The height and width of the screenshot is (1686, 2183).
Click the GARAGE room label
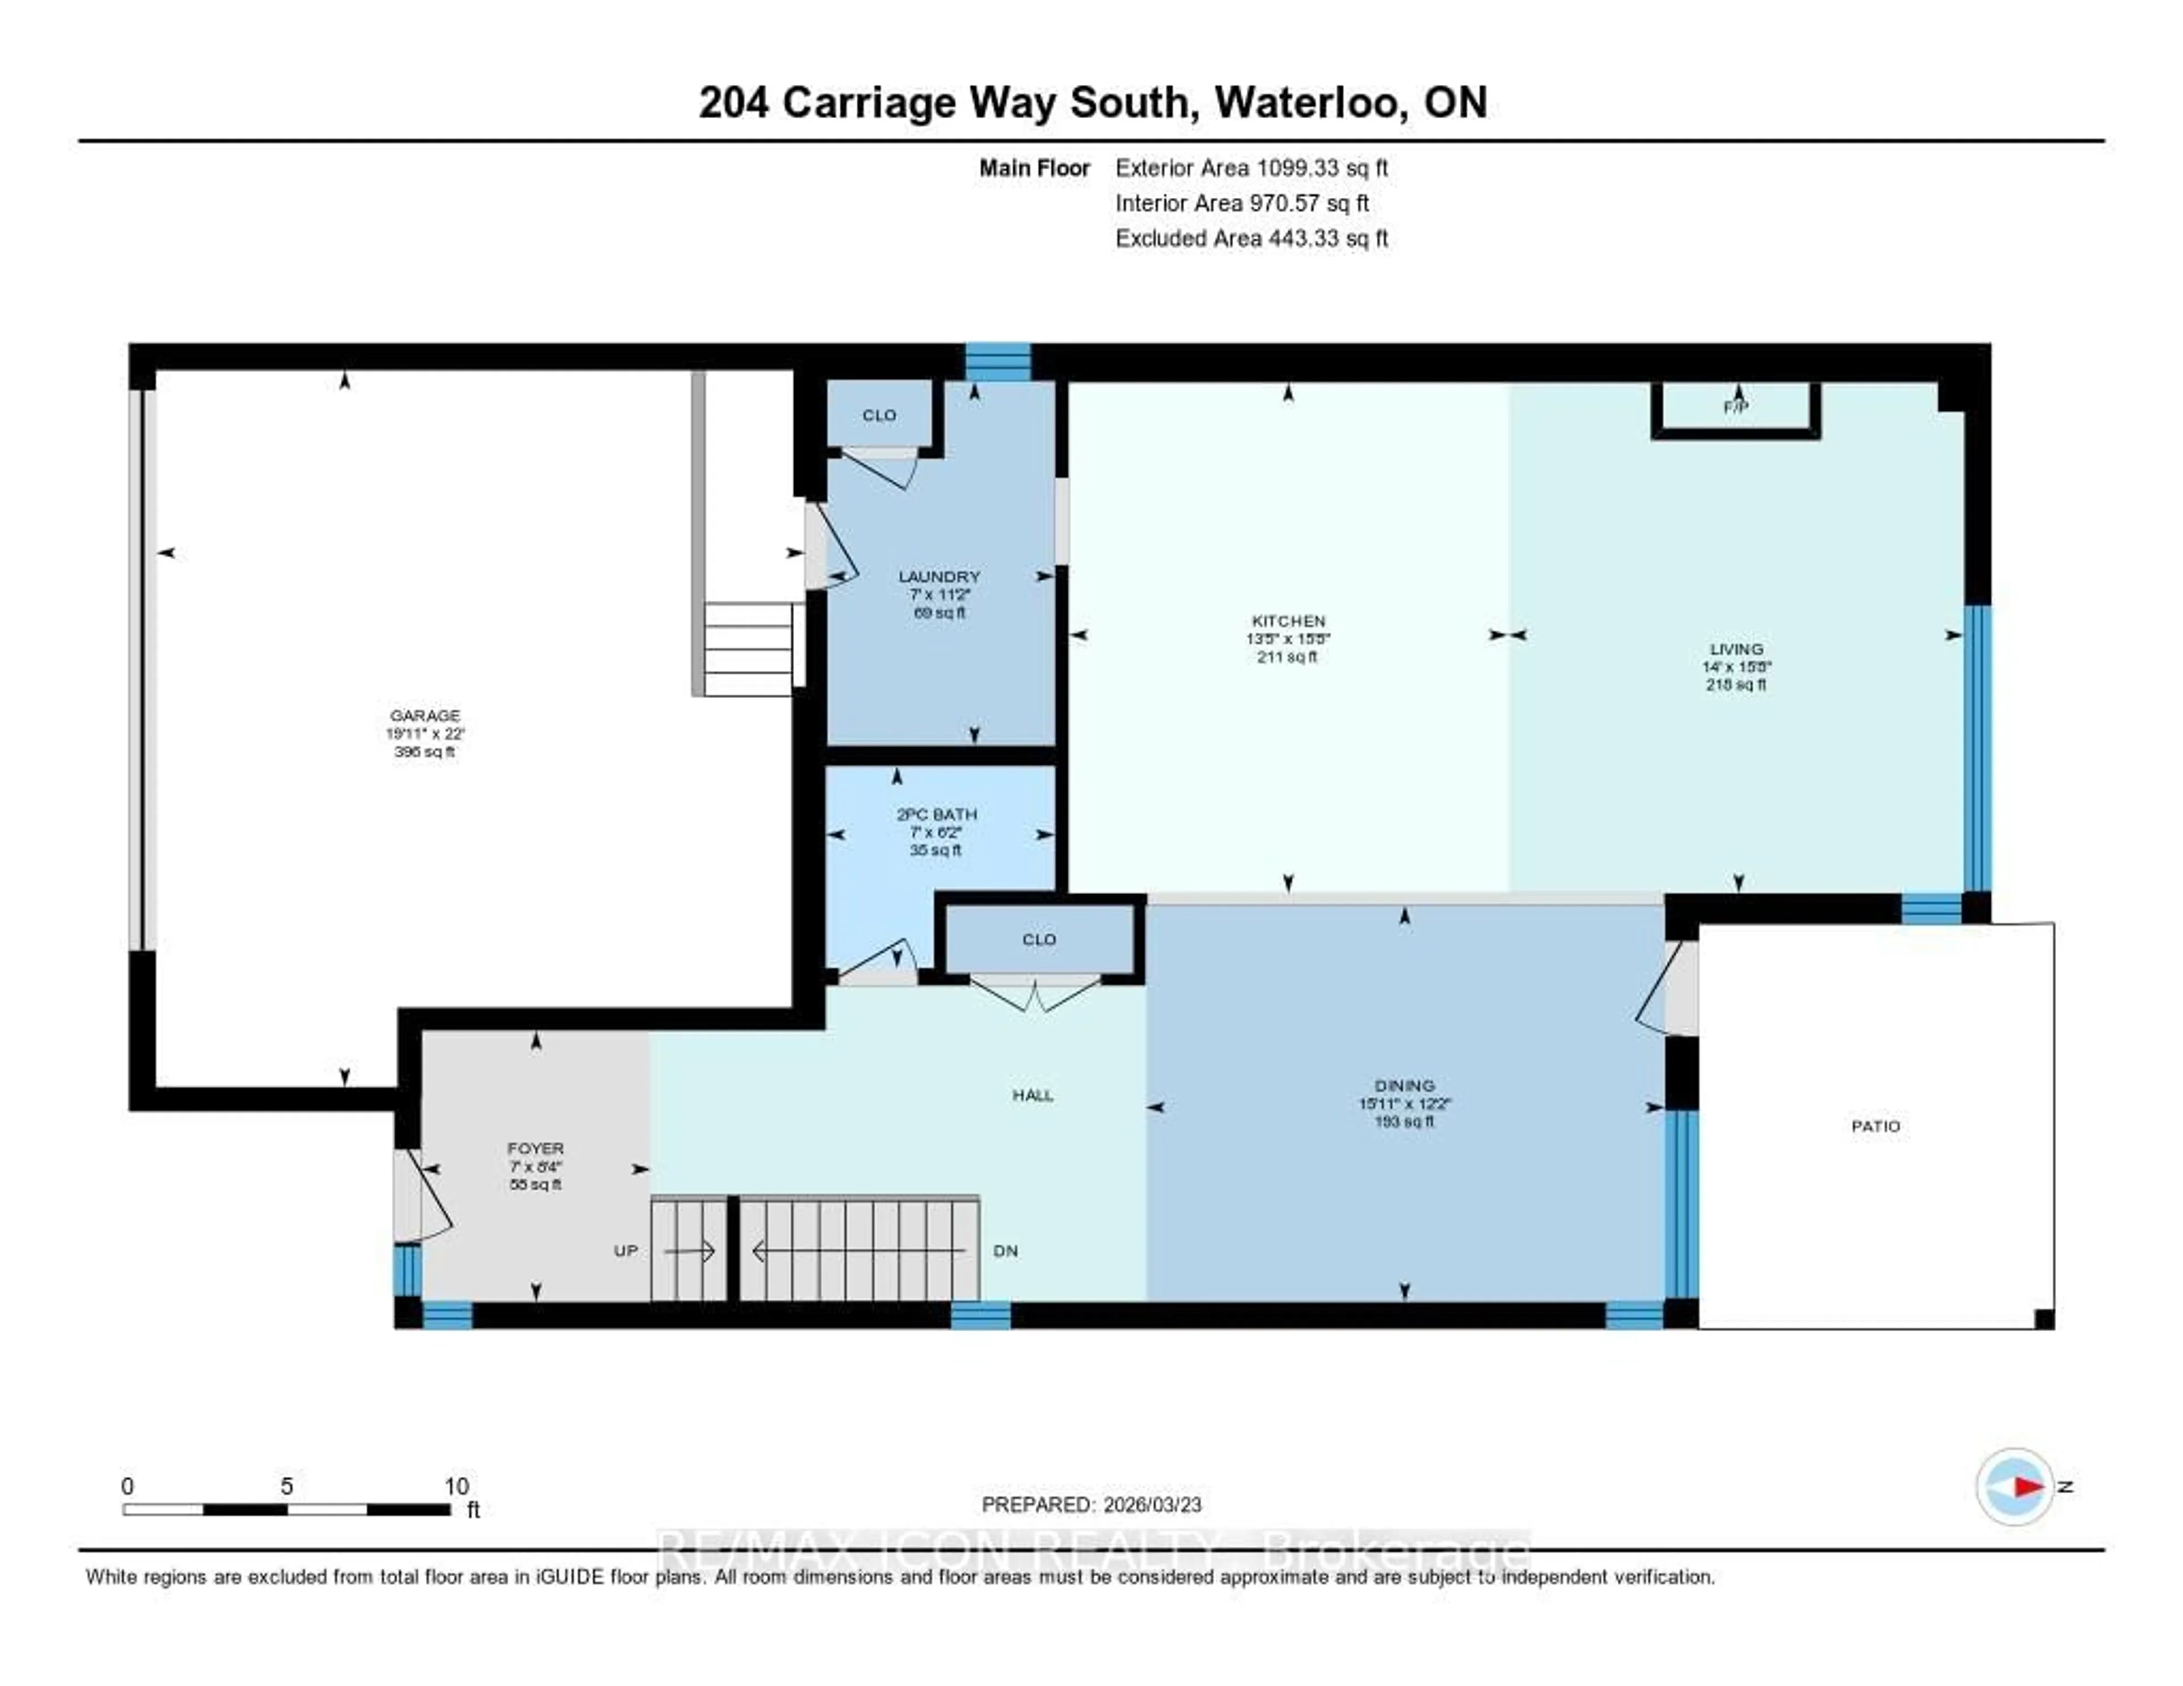tap(425, 716)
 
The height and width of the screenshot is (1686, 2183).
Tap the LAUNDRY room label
tap(939, 576)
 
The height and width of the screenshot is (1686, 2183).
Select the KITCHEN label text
tap(1288, 621)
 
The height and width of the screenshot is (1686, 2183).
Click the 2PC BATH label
tap(936, 815)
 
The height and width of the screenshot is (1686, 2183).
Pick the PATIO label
tap(1875, 1126)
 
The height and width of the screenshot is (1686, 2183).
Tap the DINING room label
tap(1404, 1085)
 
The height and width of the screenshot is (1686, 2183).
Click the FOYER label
tap(536, 1148)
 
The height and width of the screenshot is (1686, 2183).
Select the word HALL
tap(1032, 1095)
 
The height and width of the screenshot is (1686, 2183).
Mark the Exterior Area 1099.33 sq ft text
tap(1251, 168)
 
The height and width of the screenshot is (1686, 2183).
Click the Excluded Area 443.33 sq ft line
tap(1251, 238)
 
